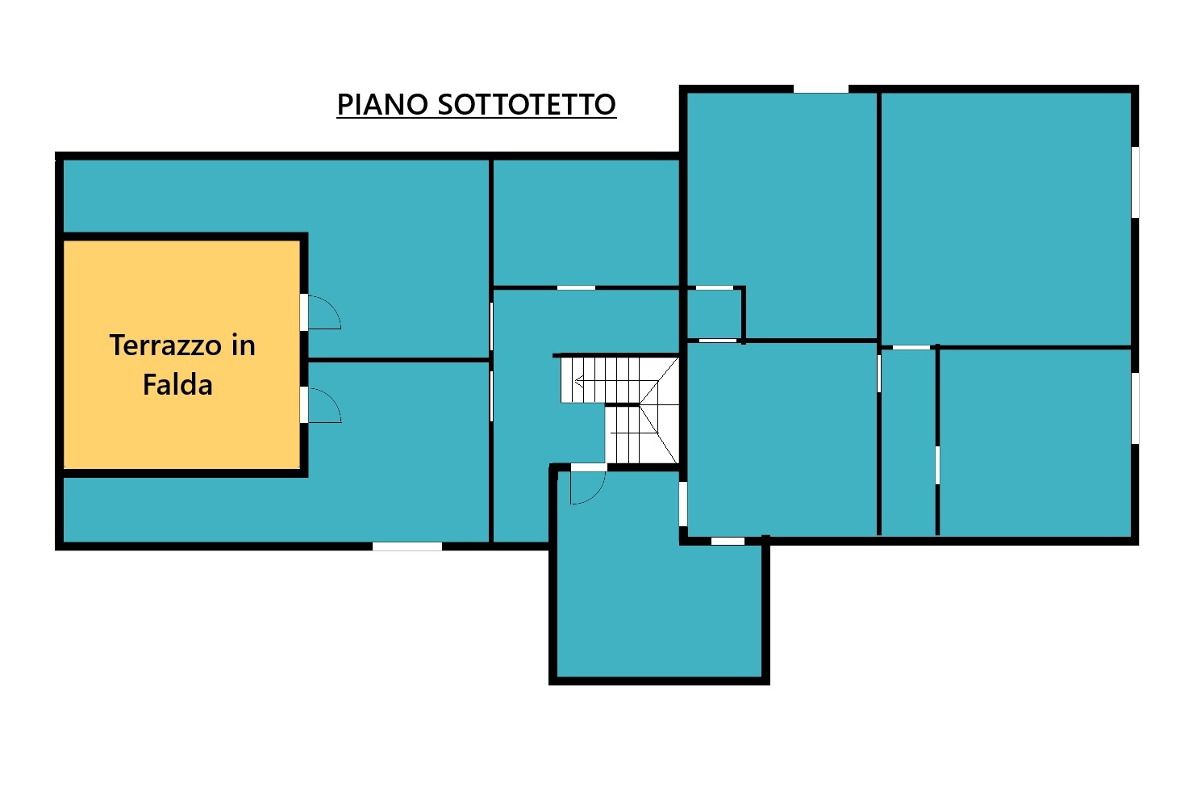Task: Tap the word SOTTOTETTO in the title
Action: pyautogui.click(x=527, y=104)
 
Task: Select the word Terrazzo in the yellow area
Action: pyautogui.click(x=165, y=345)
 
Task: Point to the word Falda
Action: pyautogui.click(x=177, y=384)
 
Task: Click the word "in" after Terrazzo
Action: pyautogui.click(x=243, y=345)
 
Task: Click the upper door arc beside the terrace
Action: pyautogui.click(x=331, y=307)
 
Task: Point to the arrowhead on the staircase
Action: pyautogui.click(x=579, y=382)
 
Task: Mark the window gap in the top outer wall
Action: pyautogui.click(x=821, y=89)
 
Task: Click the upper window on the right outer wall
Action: pyautogui.click(x=1135, y=182)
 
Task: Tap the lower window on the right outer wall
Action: pyautogui.click(x=1135, y=408)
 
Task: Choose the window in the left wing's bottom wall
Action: pyautogui.click(x=407, y=546)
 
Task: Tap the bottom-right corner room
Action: pyautogui.click(x=1036, y=443)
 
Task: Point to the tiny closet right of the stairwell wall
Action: pyautogui.click(x=714, y=315)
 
